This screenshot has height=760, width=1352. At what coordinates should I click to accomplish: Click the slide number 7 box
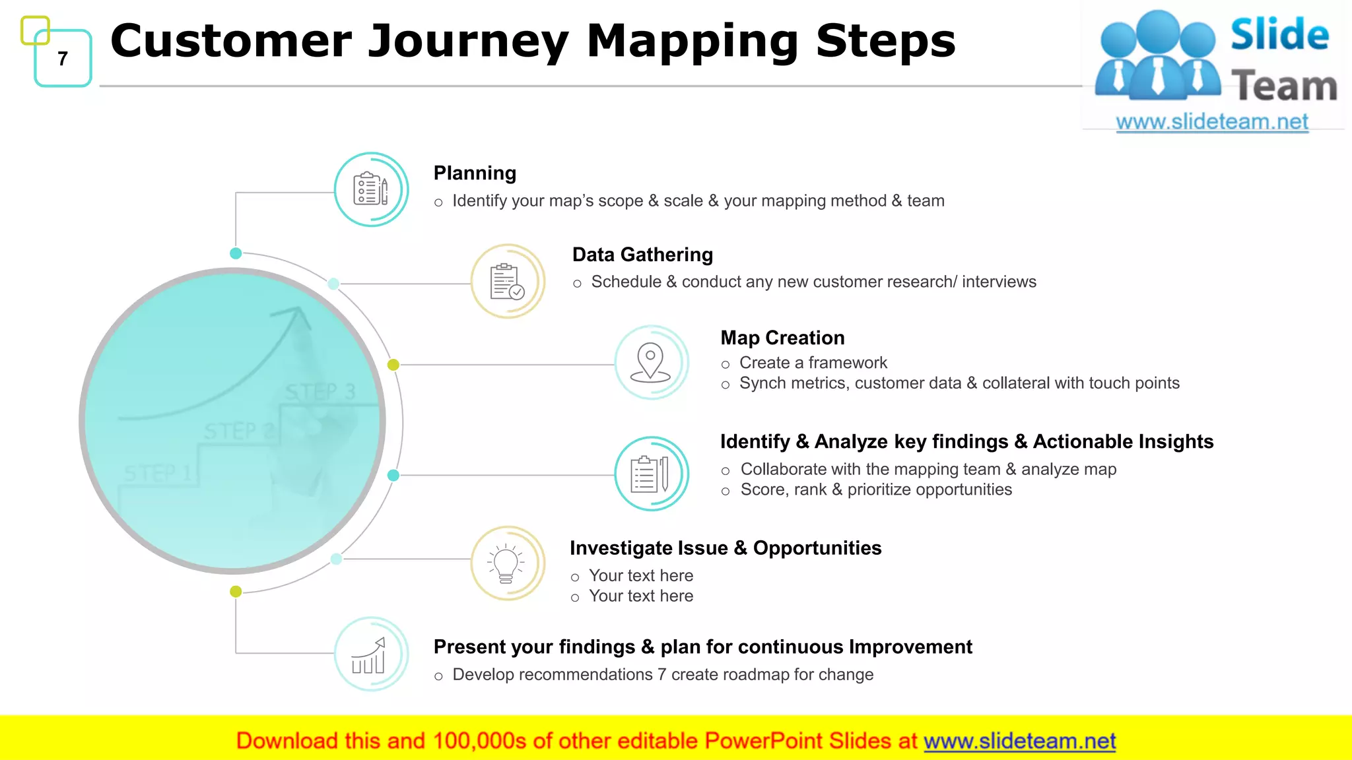click(x=63, y=59)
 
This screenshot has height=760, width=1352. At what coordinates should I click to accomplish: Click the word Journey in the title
click(x=467, y=41)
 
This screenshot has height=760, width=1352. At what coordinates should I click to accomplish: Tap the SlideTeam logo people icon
click(x=1157, y=56)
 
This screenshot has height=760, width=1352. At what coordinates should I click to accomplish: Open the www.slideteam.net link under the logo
click(x=1211, y=122)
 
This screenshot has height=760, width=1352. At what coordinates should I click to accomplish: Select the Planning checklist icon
click(x=371, y=190)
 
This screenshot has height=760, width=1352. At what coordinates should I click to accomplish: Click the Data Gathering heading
click(x=642, y=255)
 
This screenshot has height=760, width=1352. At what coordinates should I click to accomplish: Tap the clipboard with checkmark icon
click(x=507, y=282)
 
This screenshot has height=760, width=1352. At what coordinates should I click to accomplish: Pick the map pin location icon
click(x=651, y=362)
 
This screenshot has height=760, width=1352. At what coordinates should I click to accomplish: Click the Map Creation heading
click(x=782, y=338)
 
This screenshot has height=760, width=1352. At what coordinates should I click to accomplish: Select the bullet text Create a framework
click(x=813, y=363)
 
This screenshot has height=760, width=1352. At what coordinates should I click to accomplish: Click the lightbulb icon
click(x=506, y=563)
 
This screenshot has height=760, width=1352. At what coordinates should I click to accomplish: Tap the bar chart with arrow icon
click(x=370, y=654)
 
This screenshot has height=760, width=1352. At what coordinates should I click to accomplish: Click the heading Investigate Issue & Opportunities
click(x=726, y=548)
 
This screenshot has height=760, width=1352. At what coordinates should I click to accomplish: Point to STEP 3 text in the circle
click(x=320, y=392)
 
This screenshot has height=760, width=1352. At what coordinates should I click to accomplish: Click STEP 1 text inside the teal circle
click(x=158, y=473)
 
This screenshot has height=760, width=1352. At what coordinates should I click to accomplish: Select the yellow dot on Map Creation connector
click(x=393, y=365)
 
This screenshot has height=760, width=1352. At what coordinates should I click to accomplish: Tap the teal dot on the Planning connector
click(x=236, y=253)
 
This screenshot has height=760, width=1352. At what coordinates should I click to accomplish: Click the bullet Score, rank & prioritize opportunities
click(x=875, y=490)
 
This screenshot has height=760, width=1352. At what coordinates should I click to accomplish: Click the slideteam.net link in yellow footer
click(x=1019, y=742)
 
